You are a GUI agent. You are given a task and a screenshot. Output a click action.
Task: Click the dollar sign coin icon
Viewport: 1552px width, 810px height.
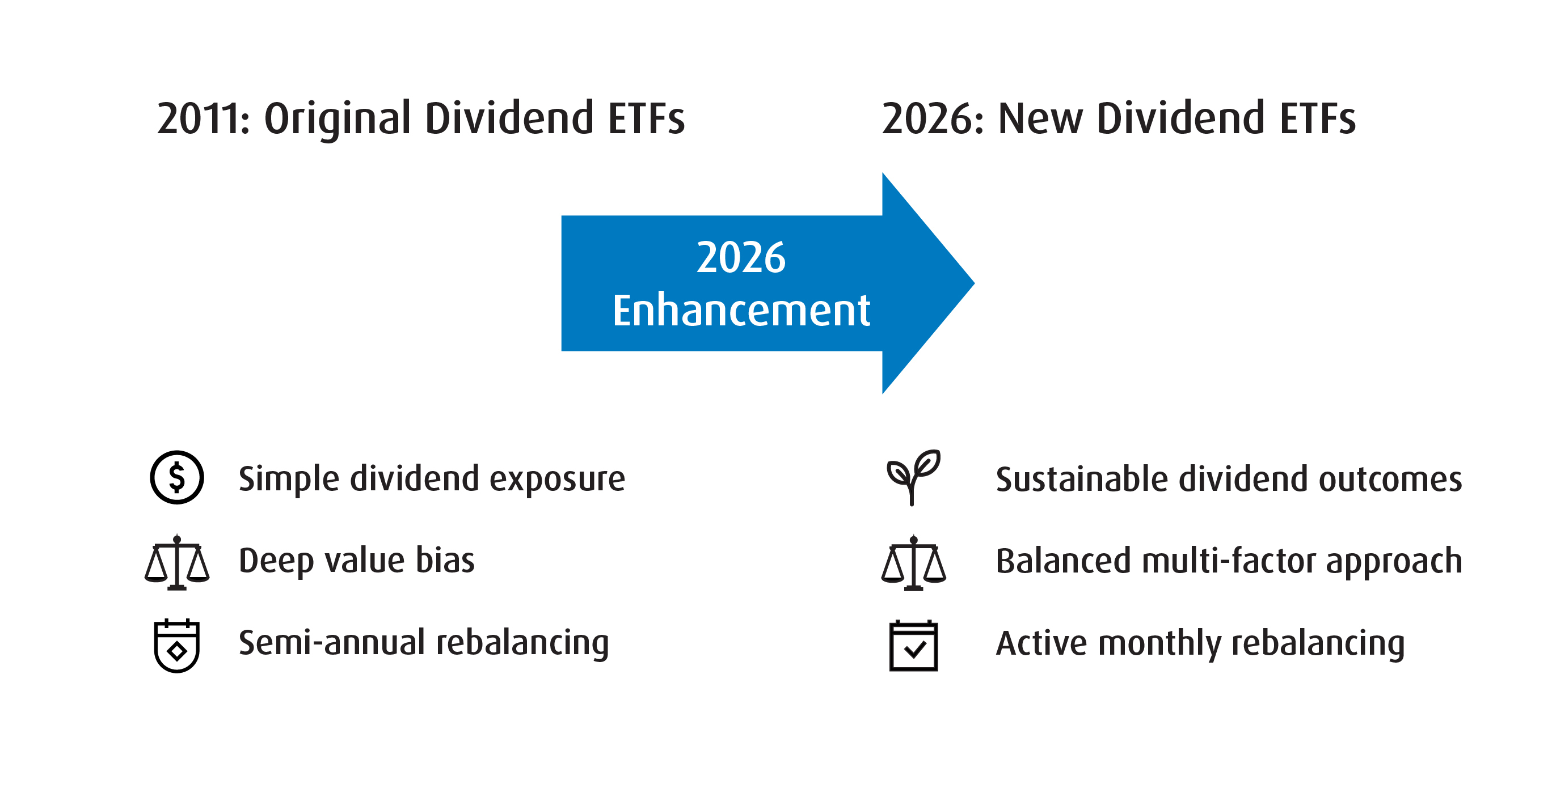[176, 477]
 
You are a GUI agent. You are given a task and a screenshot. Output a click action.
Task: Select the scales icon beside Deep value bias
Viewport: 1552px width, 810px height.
[176, 562]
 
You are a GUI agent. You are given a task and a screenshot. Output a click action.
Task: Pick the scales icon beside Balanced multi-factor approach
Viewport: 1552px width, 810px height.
[913, 563]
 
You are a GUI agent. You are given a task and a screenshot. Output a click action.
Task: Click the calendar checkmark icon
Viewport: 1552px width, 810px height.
[913, 646]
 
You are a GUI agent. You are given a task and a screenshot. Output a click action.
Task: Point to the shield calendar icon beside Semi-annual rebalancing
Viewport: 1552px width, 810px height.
[176, 646]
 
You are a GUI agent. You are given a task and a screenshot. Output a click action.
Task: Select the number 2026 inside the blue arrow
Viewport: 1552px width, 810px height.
[741, 258]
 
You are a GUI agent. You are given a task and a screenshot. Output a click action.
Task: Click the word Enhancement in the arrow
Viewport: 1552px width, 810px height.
[741, 311]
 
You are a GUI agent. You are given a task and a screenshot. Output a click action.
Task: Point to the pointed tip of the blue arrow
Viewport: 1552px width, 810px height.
[973, 283]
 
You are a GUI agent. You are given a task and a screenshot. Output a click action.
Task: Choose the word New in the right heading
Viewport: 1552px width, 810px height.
[1040, 118]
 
